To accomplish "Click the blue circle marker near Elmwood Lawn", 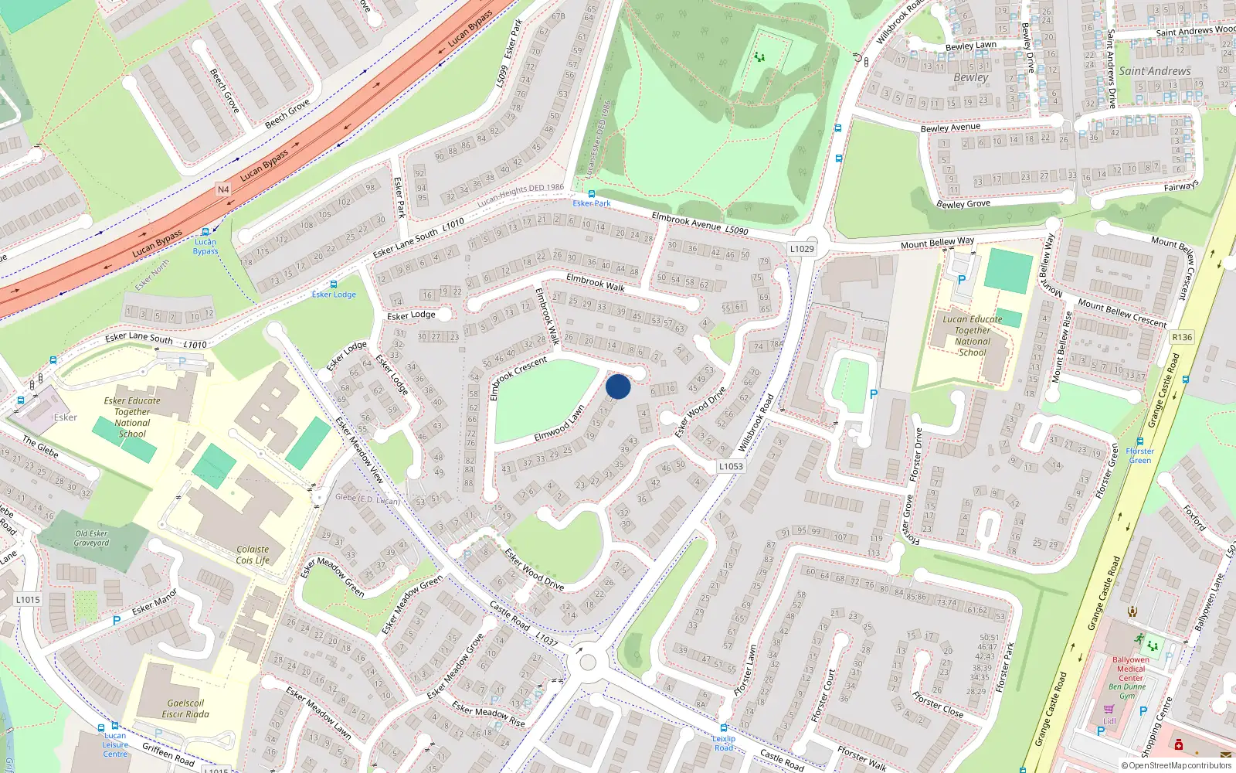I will (618, 386).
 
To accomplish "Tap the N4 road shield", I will (223, 189).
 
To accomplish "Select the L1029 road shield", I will (802, 249).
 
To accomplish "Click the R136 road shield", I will (1182, 337).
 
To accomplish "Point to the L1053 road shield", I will (731, 466).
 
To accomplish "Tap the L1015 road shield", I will (27, 600).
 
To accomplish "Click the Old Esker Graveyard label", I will (91, 538).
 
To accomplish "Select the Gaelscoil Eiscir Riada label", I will (185, 709).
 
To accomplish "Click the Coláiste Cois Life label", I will (253, 555).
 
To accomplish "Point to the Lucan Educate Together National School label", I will (972, 335).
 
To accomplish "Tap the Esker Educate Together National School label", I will (132, 417).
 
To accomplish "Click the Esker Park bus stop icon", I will (592, 194).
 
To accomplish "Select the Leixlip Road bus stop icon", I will (723, 728).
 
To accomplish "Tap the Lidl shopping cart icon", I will (1109, 709).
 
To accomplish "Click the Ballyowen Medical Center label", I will (1130, 669).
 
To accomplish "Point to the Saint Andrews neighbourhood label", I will (1155, 71).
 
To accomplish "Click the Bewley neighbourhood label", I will (970, 77).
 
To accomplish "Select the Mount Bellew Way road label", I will (937, 243).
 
